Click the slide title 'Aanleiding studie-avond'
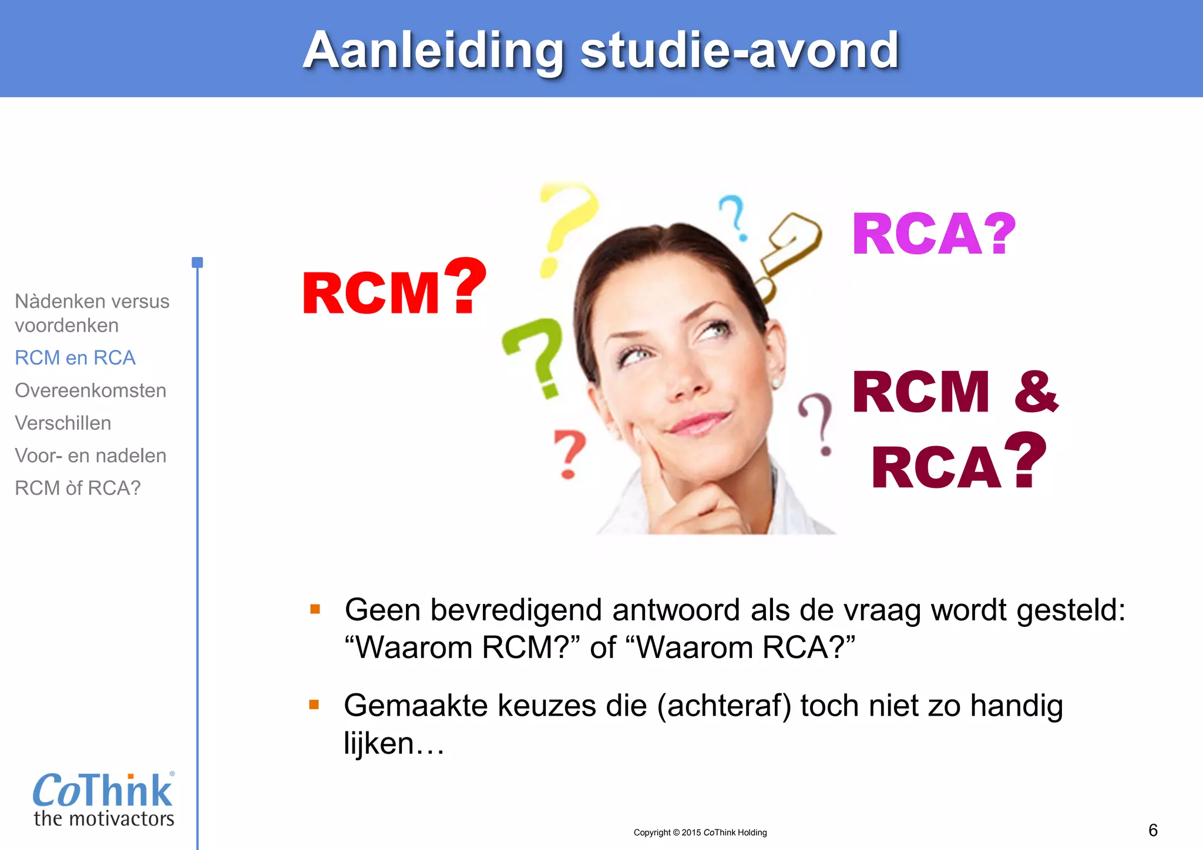pos(600,50)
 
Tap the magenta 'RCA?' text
pos(933,235)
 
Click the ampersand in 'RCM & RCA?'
pos(1036,392)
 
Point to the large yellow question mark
pos(565,226)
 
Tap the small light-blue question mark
pos(734,218)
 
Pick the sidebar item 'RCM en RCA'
pos(75,357)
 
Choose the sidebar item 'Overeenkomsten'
pos(90,390)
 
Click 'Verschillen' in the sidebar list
pos(63,423)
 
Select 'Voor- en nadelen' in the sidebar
pos(90,456)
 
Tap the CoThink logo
pos(103,798)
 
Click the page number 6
pos(1152,830)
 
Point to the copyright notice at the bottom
pos(700,832)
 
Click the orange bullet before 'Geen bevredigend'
pos(315,609)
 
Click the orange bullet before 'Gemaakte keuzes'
pos(314,704)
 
